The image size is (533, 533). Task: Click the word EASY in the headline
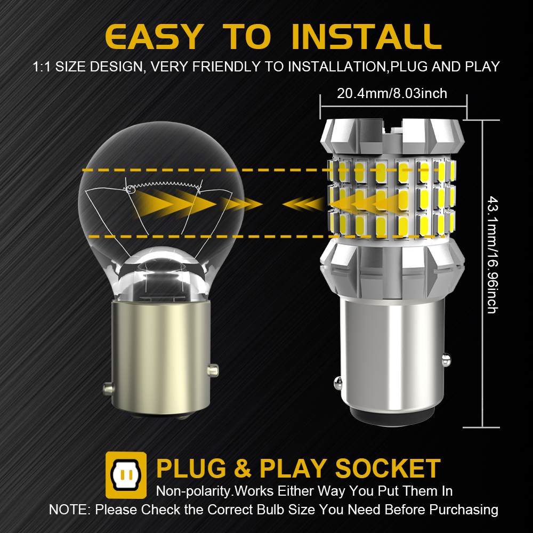pyautogui.click(x=155, y=36)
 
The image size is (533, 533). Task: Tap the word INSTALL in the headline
pyautogui.click(x=367, y=36)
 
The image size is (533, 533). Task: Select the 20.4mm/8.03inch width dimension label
pyautogui.click(x=392, y=93)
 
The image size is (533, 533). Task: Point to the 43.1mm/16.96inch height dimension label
pyautogui.click(x=492, y=254)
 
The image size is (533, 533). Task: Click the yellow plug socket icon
pyautogui.click(x=126, y=475)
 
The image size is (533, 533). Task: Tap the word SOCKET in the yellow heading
pyautogui.click(x=388, y=469)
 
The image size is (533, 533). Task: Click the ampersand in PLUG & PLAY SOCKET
pyautogui.click(x=243, y=469)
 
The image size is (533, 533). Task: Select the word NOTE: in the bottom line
pyautogui.click(x=70, y=510)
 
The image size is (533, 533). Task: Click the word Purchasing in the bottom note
pyautogui.click(x=464, y=510)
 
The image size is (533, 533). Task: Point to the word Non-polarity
pyautogui.click(x=194, y=491)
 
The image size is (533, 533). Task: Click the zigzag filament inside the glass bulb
pyautogui.click(x=163, y=185)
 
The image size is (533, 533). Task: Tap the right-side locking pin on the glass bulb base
pyautogui.click(x=213, y=370)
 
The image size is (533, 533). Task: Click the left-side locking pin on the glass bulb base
pyautogui.click(x=108, y=389)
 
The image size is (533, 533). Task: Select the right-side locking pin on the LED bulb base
pyautogui.click(x=446, y=360)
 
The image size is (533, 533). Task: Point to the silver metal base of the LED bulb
pyautogui.click(x=392, y=360)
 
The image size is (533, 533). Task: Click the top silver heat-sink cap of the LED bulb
pyautogui.click(x=392, y=136)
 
